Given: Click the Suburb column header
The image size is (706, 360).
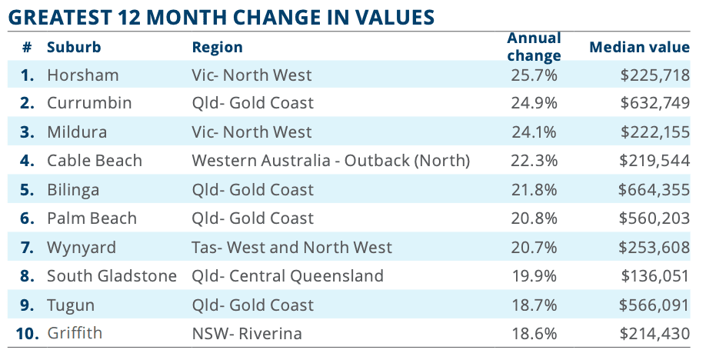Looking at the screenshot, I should coord(73,47).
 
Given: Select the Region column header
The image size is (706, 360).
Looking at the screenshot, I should coord(217,47).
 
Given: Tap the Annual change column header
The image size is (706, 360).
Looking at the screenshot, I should coord(534,47).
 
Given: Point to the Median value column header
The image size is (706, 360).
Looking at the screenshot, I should coord(639,47).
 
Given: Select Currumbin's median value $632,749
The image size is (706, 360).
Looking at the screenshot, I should coord(654,103).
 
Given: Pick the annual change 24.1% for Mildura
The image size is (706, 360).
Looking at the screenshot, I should coord(534,132).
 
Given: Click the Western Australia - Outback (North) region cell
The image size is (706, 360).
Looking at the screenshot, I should coord(330,161).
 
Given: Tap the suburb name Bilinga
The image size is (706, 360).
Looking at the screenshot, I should coord(73,190).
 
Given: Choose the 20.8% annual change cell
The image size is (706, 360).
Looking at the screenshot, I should coord(534,218).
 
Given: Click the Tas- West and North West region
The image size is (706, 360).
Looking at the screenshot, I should coord(291,248).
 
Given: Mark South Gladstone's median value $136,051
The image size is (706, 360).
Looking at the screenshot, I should coord(654,276).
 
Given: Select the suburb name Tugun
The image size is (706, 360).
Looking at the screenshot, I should coord(71,305).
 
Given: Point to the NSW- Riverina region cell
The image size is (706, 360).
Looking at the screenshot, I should coord(246,334).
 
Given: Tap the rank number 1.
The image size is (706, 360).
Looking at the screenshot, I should coord(28,75).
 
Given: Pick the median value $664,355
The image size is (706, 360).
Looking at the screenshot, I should coord(654,190).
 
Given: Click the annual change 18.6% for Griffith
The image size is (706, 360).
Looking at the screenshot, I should coord(534,334).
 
